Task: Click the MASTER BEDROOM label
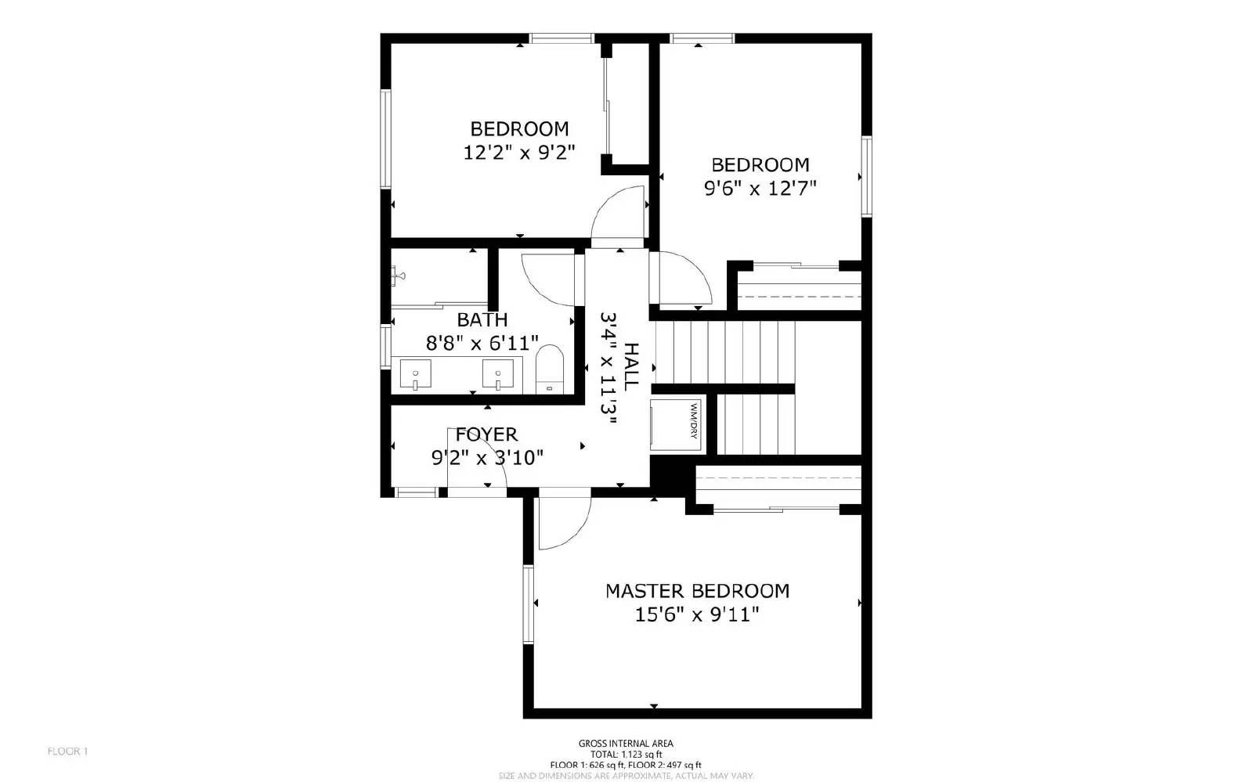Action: (x=697, y=591)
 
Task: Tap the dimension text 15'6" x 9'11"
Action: (x=697, y=615)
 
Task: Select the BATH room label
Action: (x=482, y=319)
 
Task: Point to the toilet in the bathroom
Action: (x=550, y=369)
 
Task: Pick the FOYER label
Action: (x=487, y=434)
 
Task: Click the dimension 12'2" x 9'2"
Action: (x=519, y=152)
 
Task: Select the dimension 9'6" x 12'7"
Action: (x=760, y=188)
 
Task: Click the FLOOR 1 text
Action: (x=68, y=751)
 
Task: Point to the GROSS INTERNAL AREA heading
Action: (x=626, y=744)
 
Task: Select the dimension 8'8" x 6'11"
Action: (x=482, y=343)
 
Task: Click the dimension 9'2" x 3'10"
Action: (x=487, y=458)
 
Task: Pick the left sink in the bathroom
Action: (x=415, y=374)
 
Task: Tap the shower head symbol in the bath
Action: (x=397, y=275)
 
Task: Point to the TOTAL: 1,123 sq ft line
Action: (x=626, y=755)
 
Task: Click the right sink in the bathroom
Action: (x=497, y=374)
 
